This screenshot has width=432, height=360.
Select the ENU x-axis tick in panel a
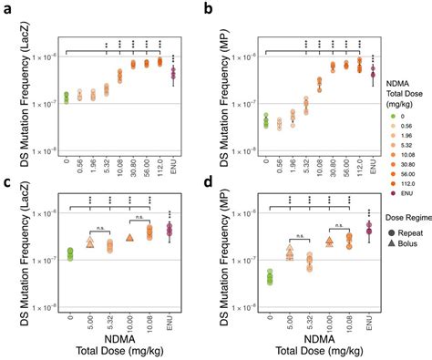(174, 162)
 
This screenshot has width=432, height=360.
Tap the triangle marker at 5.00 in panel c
(90, 242)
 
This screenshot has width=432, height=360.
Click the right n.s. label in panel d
(338, 222)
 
